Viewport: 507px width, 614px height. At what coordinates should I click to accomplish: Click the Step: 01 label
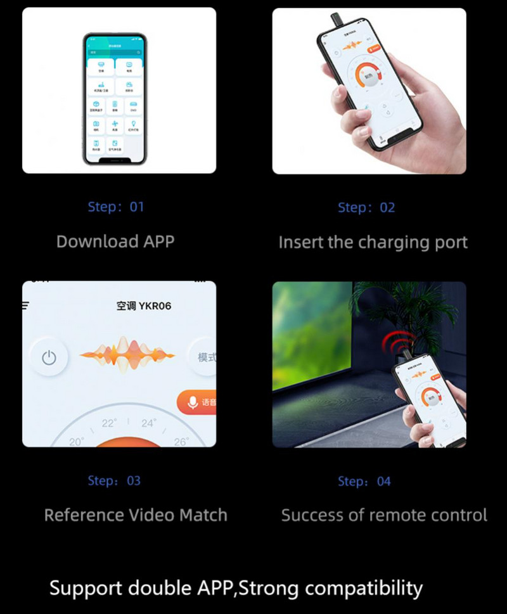(x=116, y=207)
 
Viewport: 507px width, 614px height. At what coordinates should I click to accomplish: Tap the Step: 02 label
(x=366, y=207)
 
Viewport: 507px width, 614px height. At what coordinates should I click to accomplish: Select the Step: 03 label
(x=114, y=481)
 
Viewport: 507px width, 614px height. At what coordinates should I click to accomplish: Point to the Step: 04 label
(x=364, y=482)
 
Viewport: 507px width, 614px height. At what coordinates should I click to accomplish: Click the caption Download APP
(x=115, y=241)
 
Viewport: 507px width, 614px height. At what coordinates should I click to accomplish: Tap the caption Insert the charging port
(x=373, y=242)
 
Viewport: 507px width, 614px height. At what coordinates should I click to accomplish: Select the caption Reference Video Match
(x=136, y=515)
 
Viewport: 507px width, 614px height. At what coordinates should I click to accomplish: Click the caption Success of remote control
(x=384, y=515)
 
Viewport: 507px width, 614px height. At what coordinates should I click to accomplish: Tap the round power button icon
(x=49, y=358)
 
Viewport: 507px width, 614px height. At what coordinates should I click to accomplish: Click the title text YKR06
(x=155, y=306)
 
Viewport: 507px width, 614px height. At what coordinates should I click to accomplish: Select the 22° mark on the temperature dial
(x=110, y=423)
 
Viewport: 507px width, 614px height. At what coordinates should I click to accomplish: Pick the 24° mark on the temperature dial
(x=148, y=423)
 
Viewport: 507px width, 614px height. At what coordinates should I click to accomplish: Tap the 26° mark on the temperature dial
(x=181, y=441)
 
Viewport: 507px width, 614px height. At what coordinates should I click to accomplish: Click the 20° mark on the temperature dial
(x=77, y=442)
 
